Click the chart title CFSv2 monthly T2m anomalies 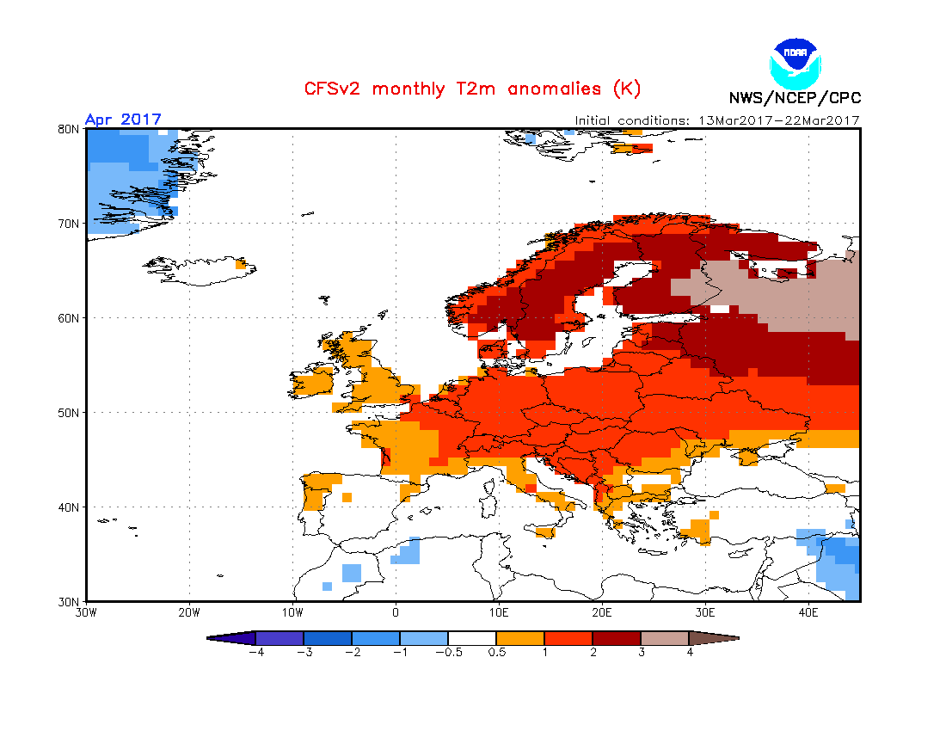tap(472, 89)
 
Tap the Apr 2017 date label tap(123, 120)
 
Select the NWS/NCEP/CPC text tap(795, 97)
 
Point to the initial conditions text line tap(716, 120)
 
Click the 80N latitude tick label tap(70, 129)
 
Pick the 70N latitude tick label tap(70, 224)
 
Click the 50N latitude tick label tap(70, 413)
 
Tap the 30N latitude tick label tap(70, 601)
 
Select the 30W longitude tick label tap(86, 613)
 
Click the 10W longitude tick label tap(292, 613)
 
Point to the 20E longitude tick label tap(602, 613)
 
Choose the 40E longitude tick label tap(808, 613)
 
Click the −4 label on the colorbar tap(255, 653)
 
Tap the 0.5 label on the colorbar tap(496, 653)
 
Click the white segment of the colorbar tap(472, 638)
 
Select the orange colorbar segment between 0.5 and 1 tap(520, 638)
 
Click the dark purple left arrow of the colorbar tap(232, 638)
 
